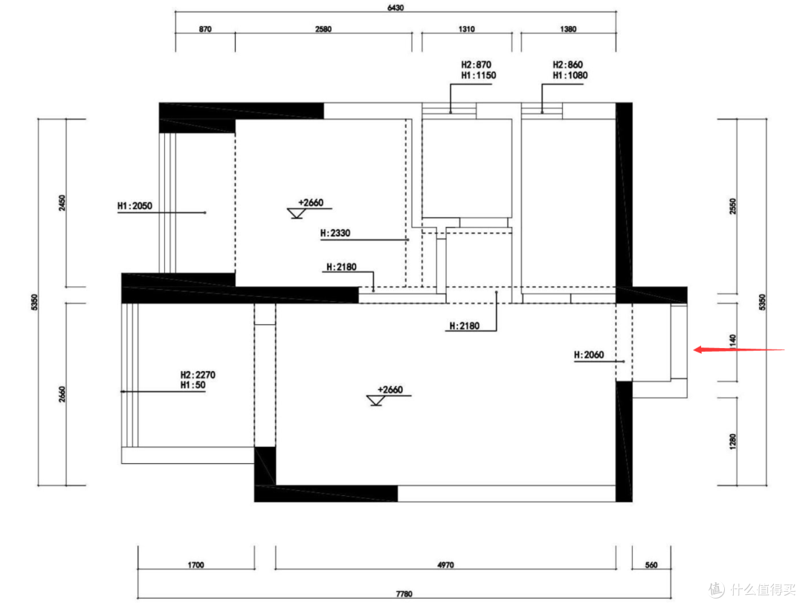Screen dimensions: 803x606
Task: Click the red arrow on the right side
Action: (x=739, y=350)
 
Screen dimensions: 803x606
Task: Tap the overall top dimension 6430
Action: (x=396, y=7)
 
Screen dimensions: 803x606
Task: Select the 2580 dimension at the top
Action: (x=323, y=29)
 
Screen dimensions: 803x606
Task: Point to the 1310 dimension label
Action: (x=466, y=29)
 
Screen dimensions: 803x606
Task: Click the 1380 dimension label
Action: (x=568, y=29)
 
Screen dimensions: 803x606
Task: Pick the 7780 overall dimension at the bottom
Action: (x=404, y=594)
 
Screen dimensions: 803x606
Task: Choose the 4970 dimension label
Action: (x=445, y=565)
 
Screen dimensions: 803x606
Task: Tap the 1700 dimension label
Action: (x=196, y=565)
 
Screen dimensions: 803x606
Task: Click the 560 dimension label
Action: (x=651, y=565)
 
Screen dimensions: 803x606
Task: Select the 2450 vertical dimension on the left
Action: (x=62, y=203)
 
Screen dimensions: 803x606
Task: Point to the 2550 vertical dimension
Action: (x=732, y=207)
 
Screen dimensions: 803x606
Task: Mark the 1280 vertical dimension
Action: (x=732, y=442)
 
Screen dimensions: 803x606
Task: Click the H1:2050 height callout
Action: (x=135, y=206)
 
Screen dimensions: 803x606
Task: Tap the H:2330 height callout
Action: (x=335, y=233)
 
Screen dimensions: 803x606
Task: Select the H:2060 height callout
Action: (x=589, y=355)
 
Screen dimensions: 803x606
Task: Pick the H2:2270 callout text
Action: (x=198, y=375)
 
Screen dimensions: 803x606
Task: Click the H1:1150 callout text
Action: (x=478, y=75)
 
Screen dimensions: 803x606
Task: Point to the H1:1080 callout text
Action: (x=570, y=75)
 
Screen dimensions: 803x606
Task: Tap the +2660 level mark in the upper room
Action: (x=311, y=202)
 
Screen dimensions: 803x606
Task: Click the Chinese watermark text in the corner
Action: (x=763, y=589)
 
